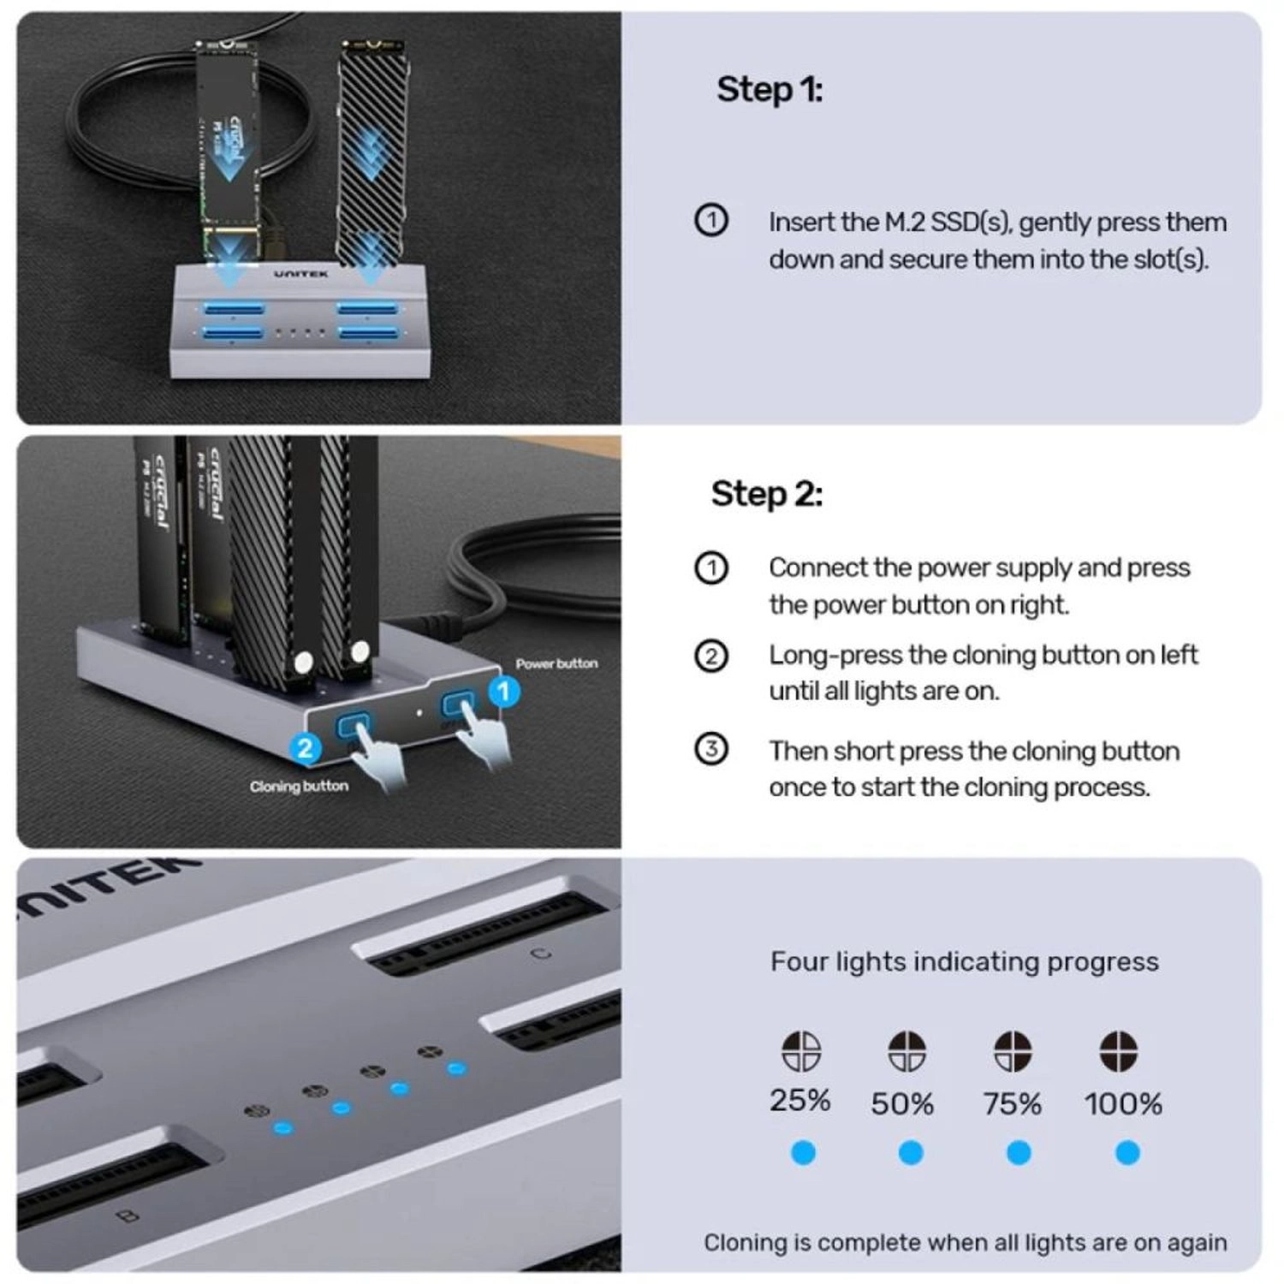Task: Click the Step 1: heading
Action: coord(769,90)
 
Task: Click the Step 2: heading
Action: coord(766,494)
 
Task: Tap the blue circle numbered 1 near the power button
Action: coord(504,692)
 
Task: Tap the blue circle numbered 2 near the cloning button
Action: coord(305,748)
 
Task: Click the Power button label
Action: coord(556,663)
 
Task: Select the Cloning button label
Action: coord(299,786)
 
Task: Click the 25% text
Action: coord(800,1101)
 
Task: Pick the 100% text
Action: coord(1122,1104)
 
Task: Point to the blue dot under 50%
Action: coord(910,1153)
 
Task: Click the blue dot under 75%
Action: coord(1018,1153)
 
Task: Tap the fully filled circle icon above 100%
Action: coord(1118,1051)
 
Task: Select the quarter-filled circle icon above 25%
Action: coord(801,1051)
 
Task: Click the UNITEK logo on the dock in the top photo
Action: coord(300,274)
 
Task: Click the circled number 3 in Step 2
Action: coord(710,749)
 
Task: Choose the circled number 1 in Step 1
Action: coord(710,221)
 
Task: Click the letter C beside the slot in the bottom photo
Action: coord(541,954)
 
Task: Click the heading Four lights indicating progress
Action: coord(964,961)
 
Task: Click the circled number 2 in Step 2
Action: coord(710,657)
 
